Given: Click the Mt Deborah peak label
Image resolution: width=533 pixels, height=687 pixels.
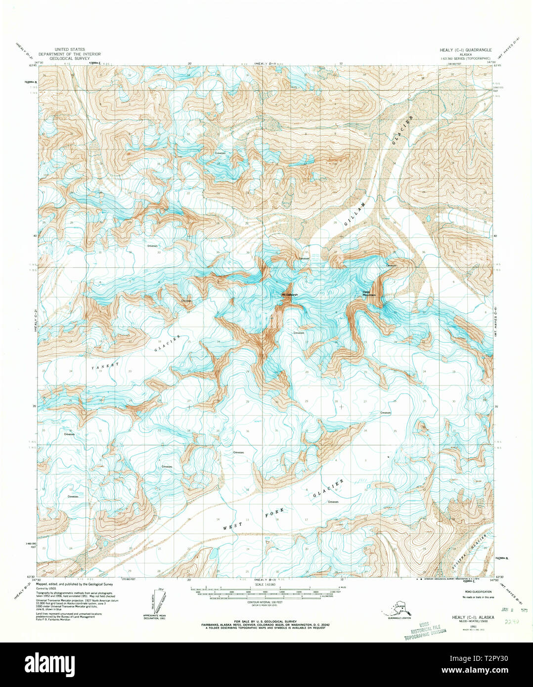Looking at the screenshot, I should pos(290,295).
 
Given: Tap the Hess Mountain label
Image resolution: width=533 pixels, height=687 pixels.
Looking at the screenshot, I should pos(369,294).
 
